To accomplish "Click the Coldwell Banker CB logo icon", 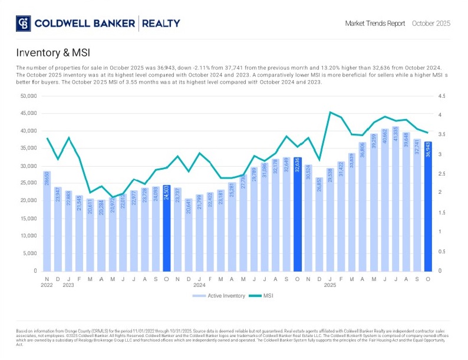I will click(24, 24).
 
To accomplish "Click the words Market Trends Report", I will click(375, 24).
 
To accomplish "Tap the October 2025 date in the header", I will click(431, 24).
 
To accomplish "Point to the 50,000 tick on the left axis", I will click(28, 96).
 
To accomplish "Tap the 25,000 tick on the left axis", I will click(28, 183).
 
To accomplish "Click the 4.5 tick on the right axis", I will click(441, 96).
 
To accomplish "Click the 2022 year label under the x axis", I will click(47, 285).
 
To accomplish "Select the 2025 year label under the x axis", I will click(331, 285).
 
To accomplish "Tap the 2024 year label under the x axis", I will click(200, 285).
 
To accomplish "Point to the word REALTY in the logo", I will click(160, 24).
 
